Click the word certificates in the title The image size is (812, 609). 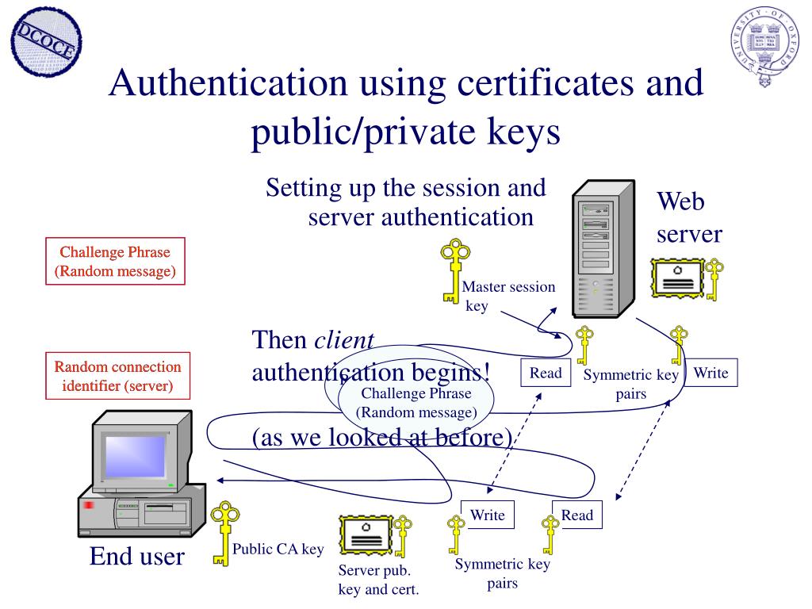click(x=523, y=83)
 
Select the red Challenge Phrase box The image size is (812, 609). click(x=115, y=262)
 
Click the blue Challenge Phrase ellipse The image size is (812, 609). click(x=416, y=403)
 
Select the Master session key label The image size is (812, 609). click(x=508, y=296)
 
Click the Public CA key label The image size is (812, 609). click(x=278, y=549)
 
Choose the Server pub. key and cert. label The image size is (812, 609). click(x=378, y=580)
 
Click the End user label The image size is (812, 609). click(x=136, y=557)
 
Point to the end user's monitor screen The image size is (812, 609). click(x=135, y=456)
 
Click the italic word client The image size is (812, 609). click(x=344, y=340)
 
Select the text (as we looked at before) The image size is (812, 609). click(x=383, y=437)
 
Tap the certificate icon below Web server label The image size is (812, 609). click(x=678, y=278)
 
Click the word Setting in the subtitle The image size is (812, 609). click(x=303, y=189)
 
